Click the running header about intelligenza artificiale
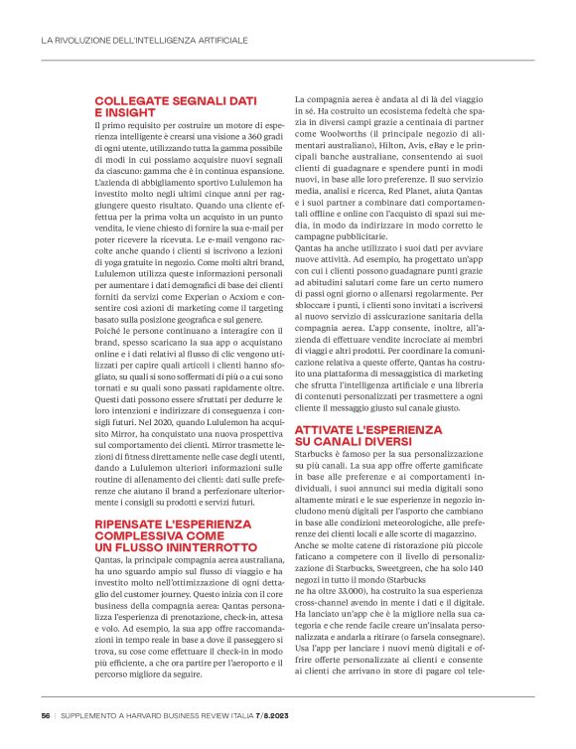click(x=144, y=41)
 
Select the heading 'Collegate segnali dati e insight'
click(x=175, y=107)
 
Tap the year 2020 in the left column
click(x=157, y=392)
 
